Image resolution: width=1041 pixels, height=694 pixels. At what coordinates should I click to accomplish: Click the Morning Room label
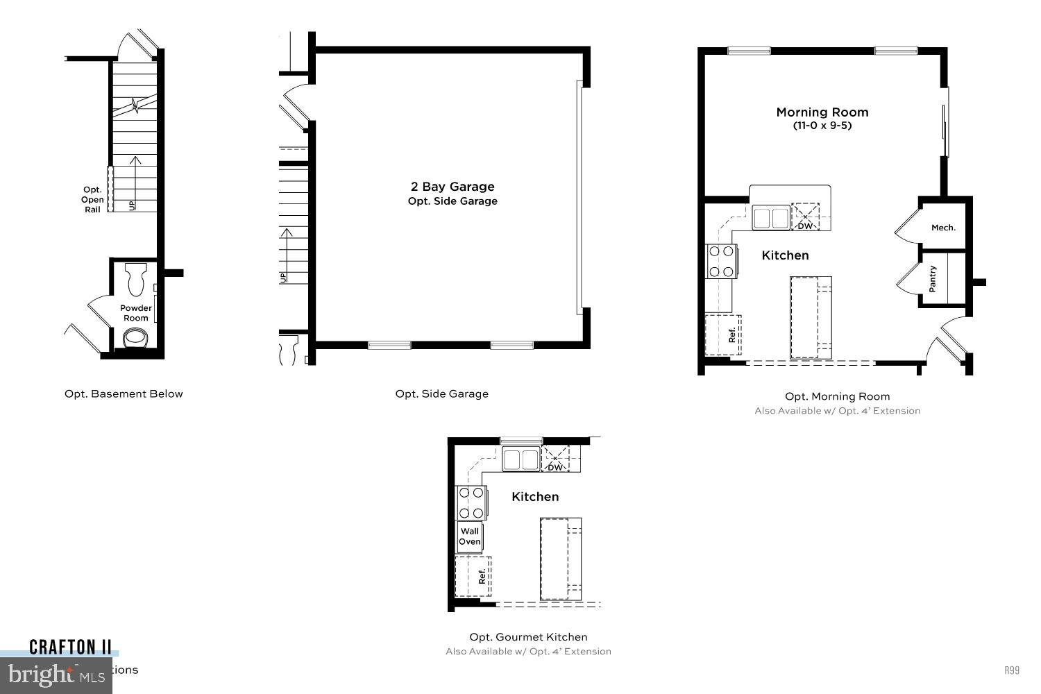822,112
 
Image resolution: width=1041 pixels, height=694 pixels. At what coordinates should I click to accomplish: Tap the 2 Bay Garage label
452,187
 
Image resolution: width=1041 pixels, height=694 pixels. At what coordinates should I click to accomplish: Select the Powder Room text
136,313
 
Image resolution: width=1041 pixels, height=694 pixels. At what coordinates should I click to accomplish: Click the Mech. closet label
943,228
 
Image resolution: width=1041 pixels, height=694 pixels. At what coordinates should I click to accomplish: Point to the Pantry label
933,279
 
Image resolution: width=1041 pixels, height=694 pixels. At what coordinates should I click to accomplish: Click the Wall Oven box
470,536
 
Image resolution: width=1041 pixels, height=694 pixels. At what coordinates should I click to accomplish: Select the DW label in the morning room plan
805,226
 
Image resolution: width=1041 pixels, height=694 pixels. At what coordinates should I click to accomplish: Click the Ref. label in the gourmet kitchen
482,576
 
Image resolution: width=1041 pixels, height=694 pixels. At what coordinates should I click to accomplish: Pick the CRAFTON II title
70,648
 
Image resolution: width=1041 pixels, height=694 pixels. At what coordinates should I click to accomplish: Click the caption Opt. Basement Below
124,394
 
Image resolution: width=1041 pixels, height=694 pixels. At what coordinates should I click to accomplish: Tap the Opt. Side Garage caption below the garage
442,394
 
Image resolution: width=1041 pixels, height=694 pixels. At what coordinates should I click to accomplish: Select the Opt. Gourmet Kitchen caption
528,637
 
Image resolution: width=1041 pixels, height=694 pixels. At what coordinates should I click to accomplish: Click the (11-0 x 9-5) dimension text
822,126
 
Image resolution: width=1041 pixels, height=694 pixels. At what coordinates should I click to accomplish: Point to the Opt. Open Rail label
92,200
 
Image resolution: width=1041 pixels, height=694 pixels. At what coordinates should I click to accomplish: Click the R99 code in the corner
1012,670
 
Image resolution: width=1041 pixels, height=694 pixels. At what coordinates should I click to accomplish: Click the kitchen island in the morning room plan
811,317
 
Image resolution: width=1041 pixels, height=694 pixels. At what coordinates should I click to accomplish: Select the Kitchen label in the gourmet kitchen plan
535,497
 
